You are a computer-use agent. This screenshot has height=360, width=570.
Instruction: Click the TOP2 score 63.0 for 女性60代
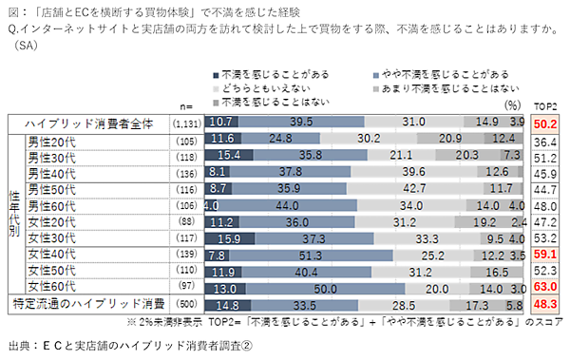point(545,287)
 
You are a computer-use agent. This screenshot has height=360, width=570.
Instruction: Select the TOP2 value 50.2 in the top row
point(545,123)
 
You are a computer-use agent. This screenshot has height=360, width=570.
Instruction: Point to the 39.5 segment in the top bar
point(301,123)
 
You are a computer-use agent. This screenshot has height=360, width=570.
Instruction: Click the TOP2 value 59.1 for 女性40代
point(545,255)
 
